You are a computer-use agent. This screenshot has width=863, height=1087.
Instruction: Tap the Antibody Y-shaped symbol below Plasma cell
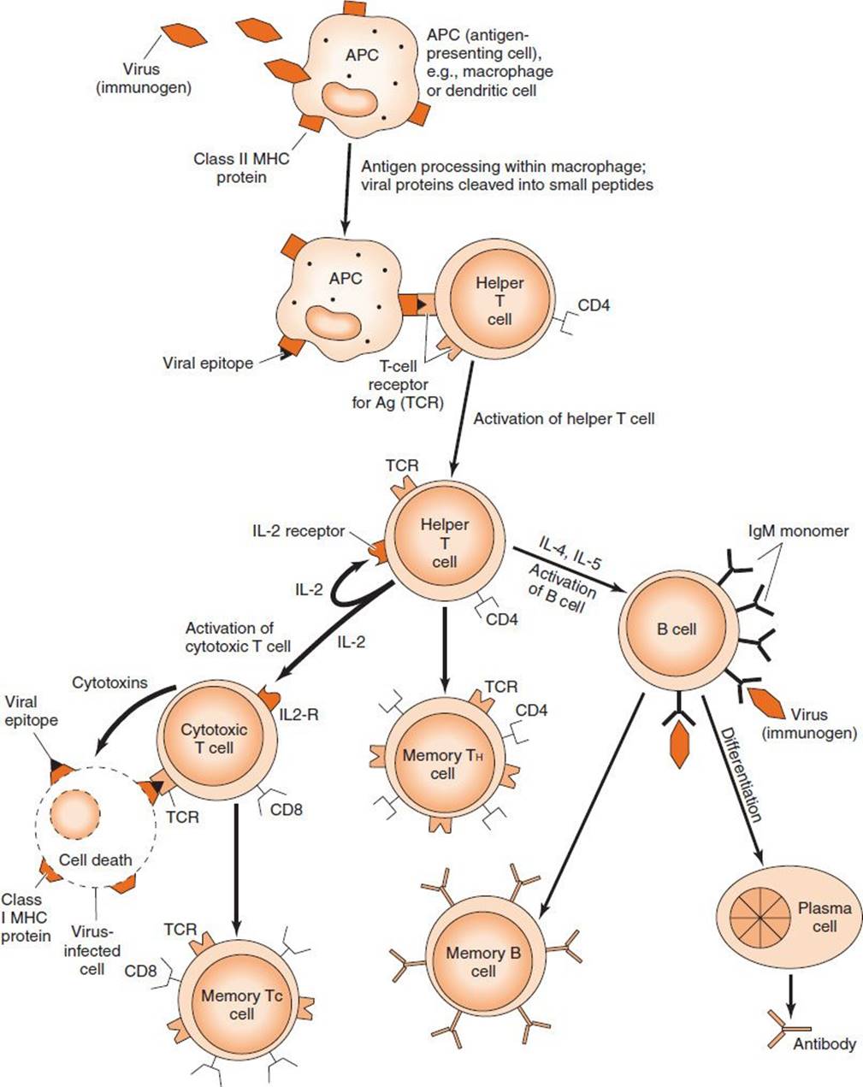[x=789, y=1028]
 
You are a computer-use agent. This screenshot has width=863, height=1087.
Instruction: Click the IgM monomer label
[x=798, y=531]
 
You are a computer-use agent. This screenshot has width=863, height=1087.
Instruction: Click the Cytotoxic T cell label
[x=214, y=738]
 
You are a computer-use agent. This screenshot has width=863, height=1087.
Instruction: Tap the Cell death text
[x=96, y=860]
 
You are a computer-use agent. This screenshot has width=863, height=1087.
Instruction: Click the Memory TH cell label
[x=442, y=765]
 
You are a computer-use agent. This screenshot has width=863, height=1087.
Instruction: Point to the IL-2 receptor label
[x=299, y=531]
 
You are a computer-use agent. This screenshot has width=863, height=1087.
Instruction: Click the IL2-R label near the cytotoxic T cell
[x=299, y=714]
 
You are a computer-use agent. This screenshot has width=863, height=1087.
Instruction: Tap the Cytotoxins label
[x=109, y=682]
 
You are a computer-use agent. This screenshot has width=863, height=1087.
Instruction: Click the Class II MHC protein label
[x=241, y=168]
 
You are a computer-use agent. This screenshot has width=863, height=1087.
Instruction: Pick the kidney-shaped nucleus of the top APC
[x=350, y=100]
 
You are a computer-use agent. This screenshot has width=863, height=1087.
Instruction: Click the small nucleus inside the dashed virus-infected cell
[x=74, y=814]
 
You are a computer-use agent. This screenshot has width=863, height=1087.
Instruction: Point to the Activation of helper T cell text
[x=564, y=419]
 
